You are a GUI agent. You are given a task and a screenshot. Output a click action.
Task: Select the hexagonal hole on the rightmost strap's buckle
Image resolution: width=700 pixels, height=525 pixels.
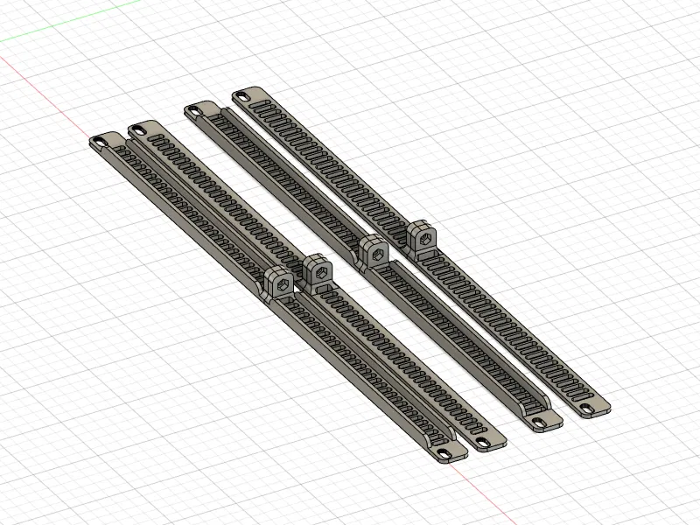(x=423, y=235)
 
